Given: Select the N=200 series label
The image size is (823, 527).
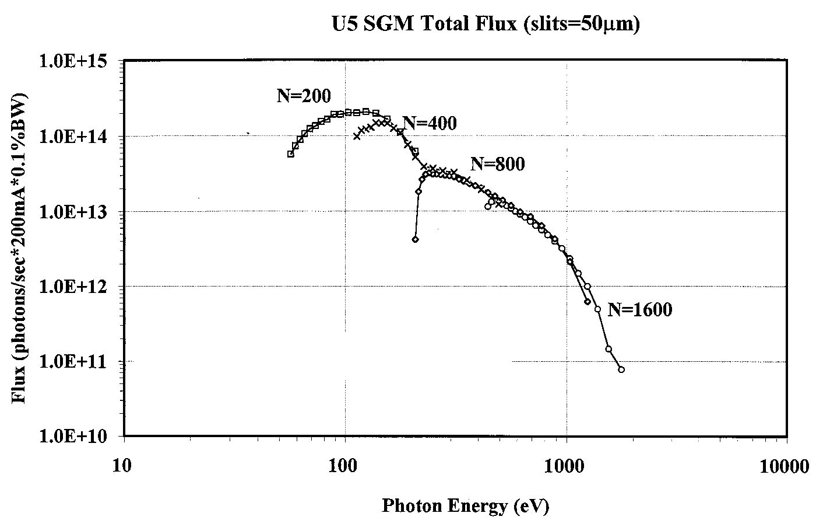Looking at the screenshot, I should pos(304,96).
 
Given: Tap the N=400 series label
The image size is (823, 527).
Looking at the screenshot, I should pos(430,123).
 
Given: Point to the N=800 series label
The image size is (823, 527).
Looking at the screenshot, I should pos(497,165).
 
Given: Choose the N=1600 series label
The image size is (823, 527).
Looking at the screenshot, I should pos(639,309).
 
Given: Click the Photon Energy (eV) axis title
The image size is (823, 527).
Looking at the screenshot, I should pos(465,505).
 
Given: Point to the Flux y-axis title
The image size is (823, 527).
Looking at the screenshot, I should pos(19,248).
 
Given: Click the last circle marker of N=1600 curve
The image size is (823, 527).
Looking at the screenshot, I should pos(621,369).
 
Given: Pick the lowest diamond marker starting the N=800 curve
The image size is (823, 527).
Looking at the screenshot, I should pos(415,239).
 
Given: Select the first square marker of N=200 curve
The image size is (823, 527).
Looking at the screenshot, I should pos(291,154).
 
